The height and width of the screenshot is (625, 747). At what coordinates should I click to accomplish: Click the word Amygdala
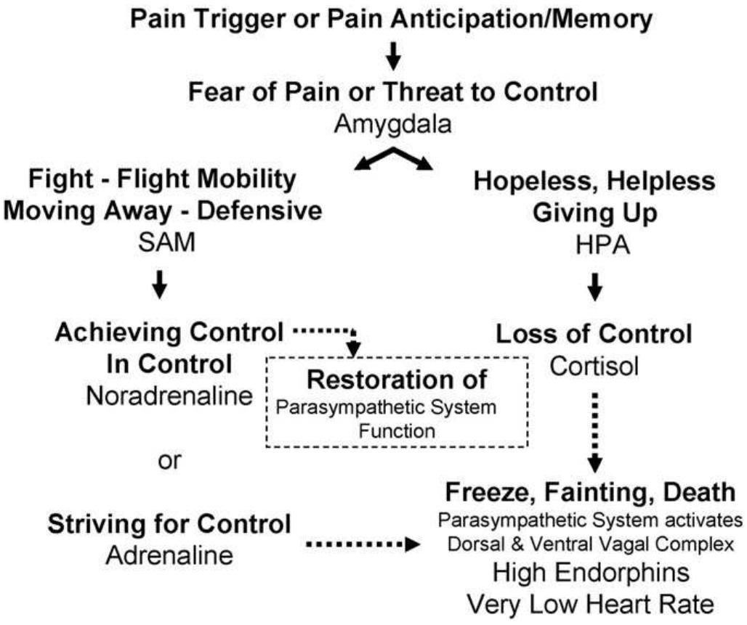(x=392, y=125)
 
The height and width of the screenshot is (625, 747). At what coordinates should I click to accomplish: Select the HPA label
(x=594, y=247)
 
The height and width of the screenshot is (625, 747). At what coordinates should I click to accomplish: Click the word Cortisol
(x=594, y=367)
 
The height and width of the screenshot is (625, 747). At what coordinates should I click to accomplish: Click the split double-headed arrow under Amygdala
(x=393, y=158)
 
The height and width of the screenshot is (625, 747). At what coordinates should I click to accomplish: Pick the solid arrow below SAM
(x=160, y=285)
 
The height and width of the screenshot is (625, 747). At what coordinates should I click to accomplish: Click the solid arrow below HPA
(x=594, y=286)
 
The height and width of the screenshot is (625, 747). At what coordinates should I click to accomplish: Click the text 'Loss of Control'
(x=594, y=335)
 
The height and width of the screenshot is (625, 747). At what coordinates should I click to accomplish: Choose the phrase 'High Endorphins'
(x=591, y=572)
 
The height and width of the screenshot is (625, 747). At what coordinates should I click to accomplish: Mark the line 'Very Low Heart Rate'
(x=591, y=604)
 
